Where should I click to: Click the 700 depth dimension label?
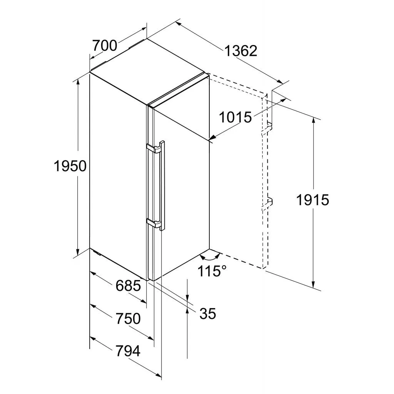tap(105, 45)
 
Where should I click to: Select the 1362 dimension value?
tap(241, 51)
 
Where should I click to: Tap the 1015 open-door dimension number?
tap(235, 117)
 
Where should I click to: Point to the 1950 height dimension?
tap(70, 166)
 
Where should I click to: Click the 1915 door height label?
tap(312, 200)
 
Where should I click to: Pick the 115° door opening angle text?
tap(212, 271)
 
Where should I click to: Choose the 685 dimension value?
tap(128, 286)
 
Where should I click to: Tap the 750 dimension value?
tap(128, 319)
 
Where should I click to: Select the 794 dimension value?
tap(128, 351)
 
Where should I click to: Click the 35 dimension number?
tap(208, 314)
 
